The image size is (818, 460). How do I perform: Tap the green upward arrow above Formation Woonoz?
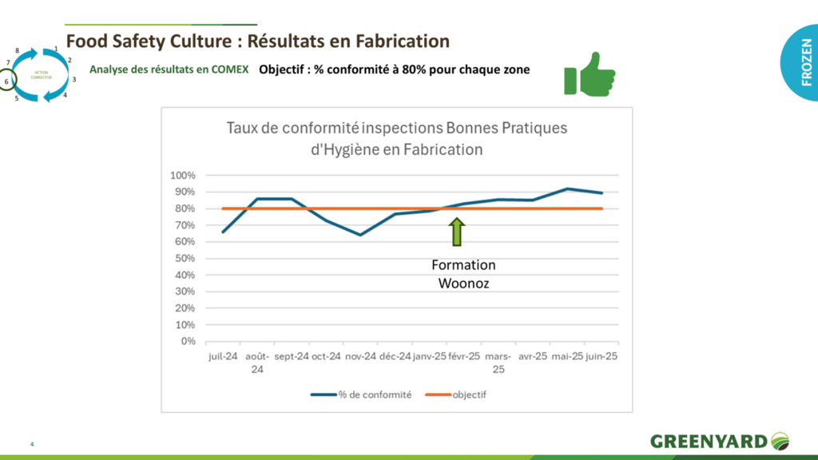457,232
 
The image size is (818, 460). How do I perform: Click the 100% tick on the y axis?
184,176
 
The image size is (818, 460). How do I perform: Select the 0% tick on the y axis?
188,342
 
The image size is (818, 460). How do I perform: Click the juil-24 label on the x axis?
223,357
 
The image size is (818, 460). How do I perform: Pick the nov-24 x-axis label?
360,357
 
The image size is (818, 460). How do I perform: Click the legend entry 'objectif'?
469,395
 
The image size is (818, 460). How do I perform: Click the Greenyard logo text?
709,441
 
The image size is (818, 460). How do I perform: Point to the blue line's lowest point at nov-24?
360,235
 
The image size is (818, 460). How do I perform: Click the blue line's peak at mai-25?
566,188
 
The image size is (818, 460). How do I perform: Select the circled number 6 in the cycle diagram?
6,81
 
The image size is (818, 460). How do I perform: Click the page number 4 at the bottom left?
32,444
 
